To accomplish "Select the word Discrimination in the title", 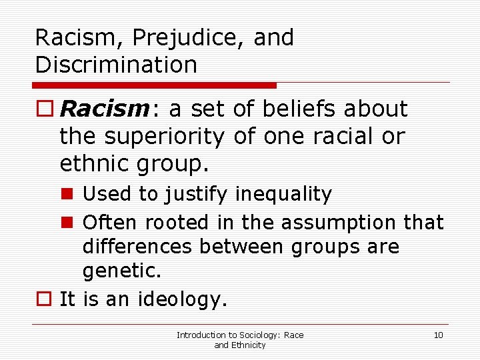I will [116, 65].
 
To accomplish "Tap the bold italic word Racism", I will [109, 109].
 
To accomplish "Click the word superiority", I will [166, 136].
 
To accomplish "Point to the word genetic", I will [122, 272].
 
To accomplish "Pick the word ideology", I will [181, 299].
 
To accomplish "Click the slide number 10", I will [438, 335].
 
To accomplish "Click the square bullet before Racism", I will [44, 109].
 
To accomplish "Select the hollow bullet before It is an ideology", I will [44, 299].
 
